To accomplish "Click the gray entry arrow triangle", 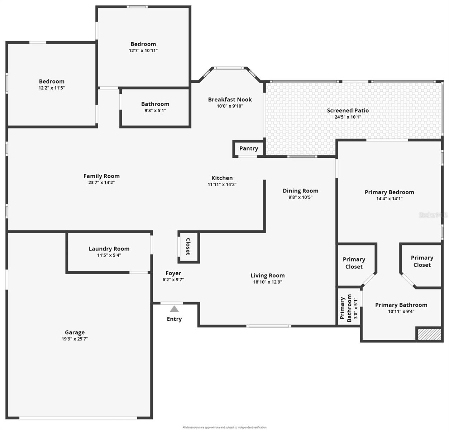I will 174,309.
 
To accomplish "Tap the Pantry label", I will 249,148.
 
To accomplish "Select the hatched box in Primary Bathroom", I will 429,334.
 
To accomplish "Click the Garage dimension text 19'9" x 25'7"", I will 75,339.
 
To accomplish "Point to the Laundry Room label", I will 109,249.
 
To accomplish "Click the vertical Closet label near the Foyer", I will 188,247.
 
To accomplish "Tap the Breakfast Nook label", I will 230,100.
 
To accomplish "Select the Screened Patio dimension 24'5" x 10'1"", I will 348,117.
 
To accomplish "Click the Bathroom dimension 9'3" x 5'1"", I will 155,110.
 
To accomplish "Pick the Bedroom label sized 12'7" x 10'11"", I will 143,44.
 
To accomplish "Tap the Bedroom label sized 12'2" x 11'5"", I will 52,81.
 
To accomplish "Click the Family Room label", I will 101,176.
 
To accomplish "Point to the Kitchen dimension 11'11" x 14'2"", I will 222,185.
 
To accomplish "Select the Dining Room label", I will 300,191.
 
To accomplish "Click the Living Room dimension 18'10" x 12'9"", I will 268,282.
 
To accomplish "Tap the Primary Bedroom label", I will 389,192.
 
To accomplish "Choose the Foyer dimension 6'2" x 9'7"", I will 173,280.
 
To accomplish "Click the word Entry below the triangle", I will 174,319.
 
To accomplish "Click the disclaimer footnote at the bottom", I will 224,427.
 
